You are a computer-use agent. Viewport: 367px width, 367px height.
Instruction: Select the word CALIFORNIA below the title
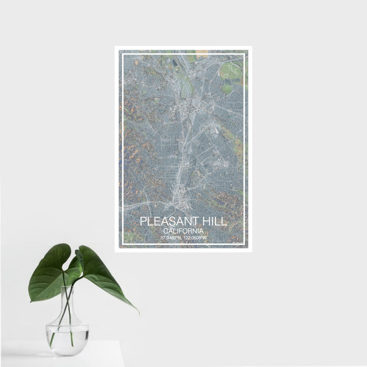[183, 231]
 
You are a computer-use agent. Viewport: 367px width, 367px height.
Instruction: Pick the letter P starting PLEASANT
[143, 222]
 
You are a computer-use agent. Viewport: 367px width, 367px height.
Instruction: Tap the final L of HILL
[225, 222]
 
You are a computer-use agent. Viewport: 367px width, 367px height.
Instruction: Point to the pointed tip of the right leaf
[138, 313]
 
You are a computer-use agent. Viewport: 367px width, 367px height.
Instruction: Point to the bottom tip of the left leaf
[31, 300]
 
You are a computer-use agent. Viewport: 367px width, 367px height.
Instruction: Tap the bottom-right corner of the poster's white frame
[251, 251]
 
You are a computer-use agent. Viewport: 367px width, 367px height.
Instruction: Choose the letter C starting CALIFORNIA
[165, 231]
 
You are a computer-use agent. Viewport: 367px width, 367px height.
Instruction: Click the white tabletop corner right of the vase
[119, 342]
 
